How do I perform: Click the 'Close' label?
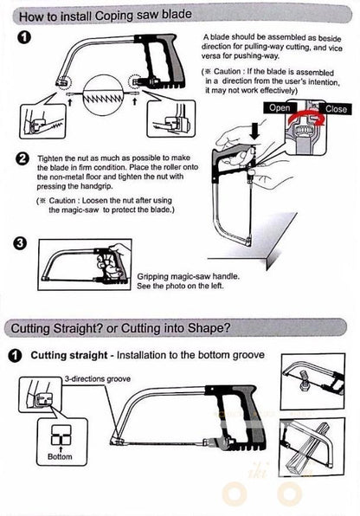[x=337, y=110]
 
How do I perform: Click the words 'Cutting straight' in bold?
[x=70, y=355]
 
